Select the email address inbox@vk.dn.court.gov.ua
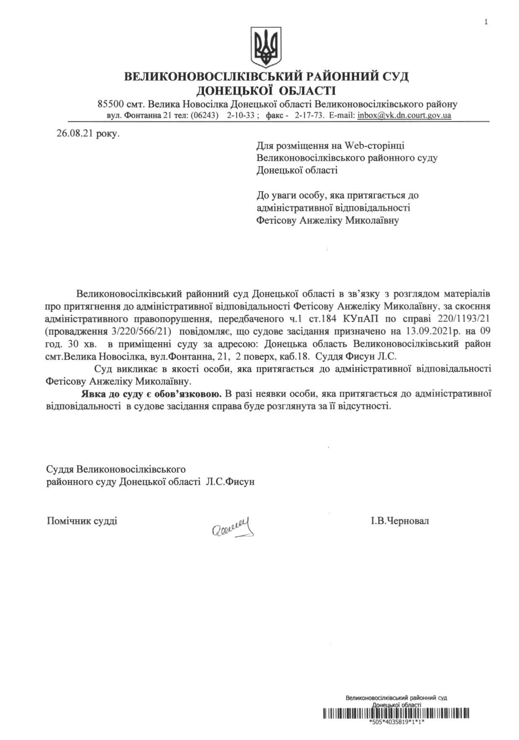pos(404,115)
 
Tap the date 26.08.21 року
pos(88,134)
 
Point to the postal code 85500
pos(110,104)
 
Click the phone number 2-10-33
pos(241,115)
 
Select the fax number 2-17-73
pos(309,115)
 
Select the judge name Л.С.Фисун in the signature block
pos(230,482)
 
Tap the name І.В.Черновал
pos(400,521)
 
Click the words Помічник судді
pos(82,521)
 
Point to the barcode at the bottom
pos(396,713)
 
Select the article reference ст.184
pos(321,319)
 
